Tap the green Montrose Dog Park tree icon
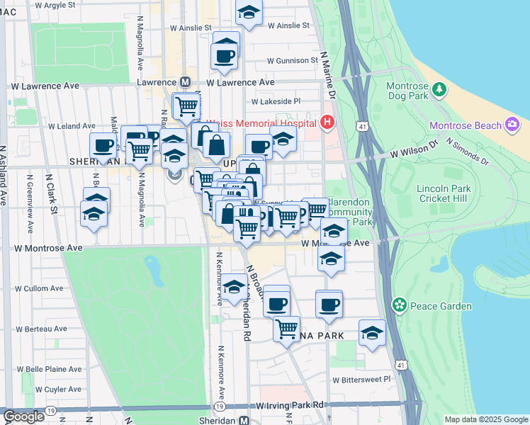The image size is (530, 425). (439, 89)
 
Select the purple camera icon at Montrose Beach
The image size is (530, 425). (513, 125)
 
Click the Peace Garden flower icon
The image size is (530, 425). (400, 305)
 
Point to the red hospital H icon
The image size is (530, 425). (327, 123)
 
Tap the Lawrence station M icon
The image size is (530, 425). (186, 82)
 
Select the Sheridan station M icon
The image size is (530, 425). (244, 420)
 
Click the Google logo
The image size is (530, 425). (23, 416)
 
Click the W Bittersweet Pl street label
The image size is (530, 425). (361, 379)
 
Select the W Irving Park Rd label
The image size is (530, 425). (291, 404)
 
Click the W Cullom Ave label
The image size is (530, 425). (40, 289)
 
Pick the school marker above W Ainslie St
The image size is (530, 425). (249, 12)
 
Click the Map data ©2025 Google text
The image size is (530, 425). (485, 419)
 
